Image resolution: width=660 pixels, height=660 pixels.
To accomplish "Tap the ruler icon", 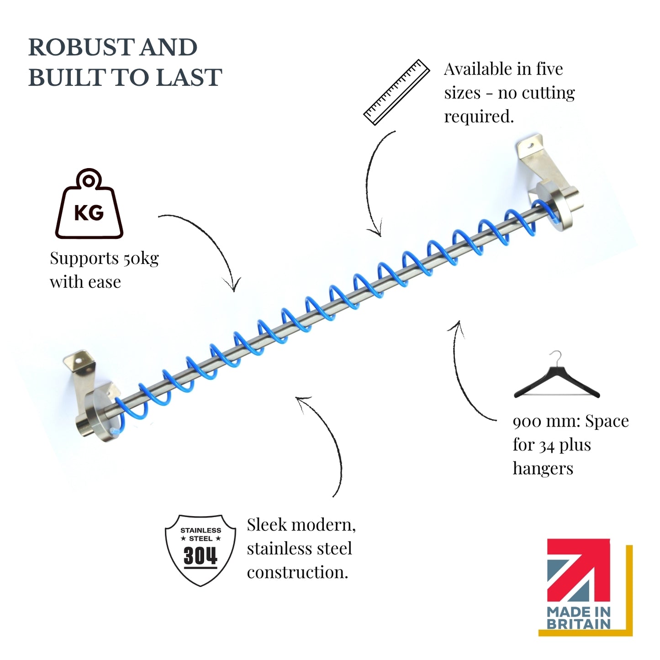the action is [x=396, y=92].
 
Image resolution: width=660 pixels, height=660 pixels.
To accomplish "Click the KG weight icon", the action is [x=89, y=203].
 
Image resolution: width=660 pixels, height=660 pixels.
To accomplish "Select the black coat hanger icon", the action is [x=557, y=375].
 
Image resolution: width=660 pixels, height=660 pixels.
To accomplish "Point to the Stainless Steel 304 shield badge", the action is [x=201, y=550].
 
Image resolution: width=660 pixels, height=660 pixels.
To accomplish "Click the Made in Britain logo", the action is [x=585, y=588].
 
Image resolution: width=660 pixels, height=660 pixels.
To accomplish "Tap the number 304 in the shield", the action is [x=201, y=555].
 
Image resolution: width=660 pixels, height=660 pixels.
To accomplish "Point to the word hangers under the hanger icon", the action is [x=543, y=469].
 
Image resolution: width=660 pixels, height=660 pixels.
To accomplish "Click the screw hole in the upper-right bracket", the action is [x=531, y=146].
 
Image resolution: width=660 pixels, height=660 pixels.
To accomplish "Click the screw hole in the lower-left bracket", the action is [x=79, y=361].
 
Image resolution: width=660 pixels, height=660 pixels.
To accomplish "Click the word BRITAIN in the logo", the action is [x=579, y=623].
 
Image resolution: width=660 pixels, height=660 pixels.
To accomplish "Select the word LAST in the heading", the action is [x=190, y=77].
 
